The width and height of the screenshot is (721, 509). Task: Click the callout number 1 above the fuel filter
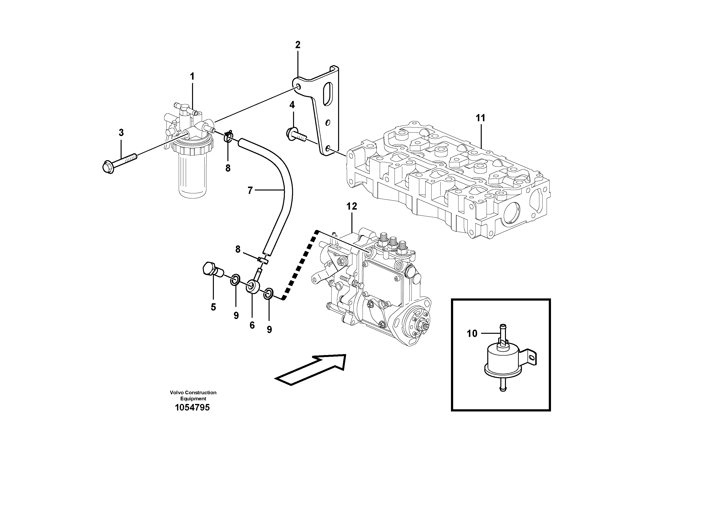192,76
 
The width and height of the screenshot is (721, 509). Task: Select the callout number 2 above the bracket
298,45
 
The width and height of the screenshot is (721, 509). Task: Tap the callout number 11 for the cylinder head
481,118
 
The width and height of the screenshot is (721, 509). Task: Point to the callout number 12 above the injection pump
352,206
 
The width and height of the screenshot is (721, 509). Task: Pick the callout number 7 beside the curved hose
250,190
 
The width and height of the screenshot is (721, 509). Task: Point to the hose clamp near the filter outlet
229,137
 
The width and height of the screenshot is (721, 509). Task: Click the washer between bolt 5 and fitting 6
235,279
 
